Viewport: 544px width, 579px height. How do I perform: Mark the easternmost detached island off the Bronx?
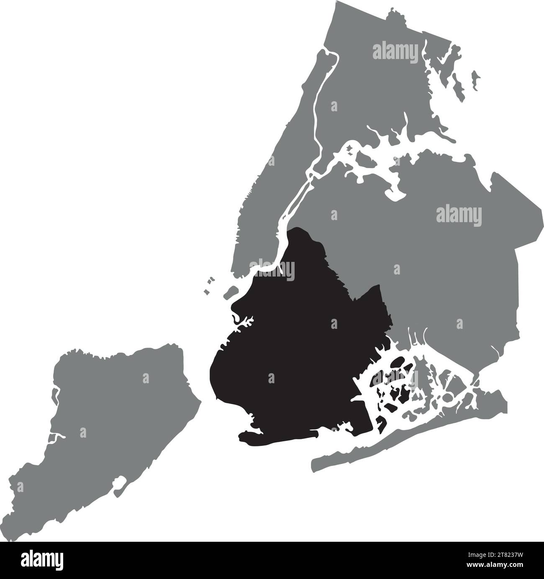[x=475, y=77]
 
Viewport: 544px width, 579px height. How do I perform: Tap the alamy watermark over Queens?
[x=459, y=216]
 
